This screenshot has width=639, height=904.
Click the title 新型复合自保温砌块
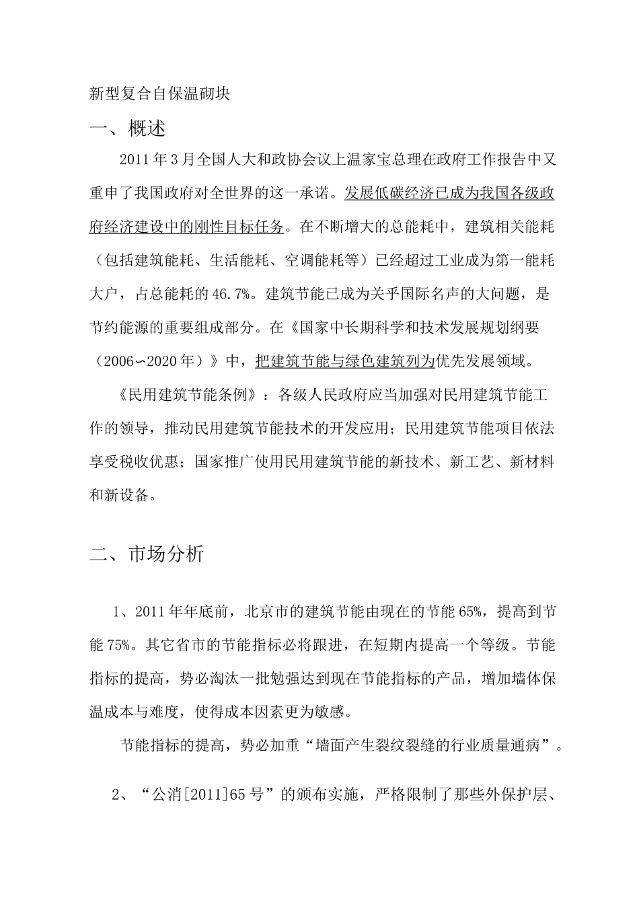[160, 94]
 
